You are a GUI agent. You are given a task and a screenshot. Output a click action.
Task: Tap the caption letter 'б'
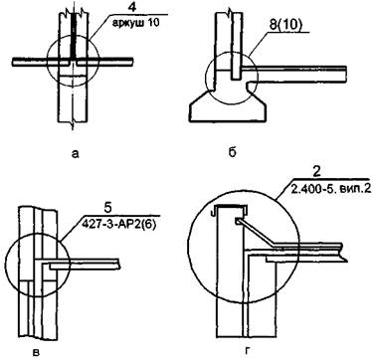(x=233, y=153)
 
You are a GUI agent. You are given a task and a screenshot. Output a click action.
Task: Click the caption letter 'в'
(x=38, y=352)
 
